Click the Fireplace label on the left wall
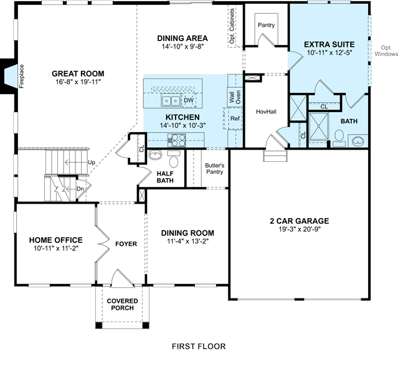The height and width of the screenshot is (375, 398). (x=22, y=76)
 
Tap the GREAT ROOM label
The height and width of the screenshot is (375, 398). (x=78, y=74)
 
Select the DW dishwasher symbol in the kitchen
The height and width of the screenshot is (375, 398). (x=189, y=100)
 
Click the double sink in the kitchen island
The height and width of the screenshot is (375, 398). (x=171, y=101)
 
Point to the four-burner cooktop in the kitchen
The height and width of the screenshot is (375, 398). (x=177, y=140)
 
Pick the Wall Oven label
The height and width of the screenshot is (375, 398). (x=235, y=97)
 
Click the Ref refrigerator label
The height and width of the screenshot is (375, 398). (x=235, y=118)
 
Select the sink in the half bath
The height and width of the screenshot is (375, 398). (x=155, y=154)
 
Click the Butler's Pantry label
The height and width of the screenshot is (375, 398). (x=215, y=169)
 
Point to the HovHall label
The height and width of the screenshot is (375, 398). (x=266, y=112)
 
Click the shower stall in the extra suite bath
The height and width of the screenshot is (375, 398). (x=318, y=126)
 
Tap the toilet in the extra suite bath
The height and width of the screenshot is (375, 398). (x=339, y=138)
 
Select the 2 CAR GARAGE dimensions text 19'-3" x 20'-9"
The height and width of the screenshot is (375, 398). (x=300, y=229)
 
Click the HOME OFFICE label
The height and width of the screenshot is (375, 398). (x=56, y=240)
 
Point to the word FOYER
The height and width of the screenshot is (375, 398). (x=126, y=244)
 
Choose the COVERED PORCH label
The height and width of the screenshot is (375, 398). (x=122, y=305)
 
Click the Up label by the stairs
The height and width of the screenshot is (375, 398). (x=92, y=162)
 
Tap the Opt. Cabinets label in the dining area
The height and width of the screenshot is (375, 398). (x=232, y=26)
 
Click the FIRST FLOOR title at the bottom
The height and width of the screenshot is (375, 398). (x=199, y=346)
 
